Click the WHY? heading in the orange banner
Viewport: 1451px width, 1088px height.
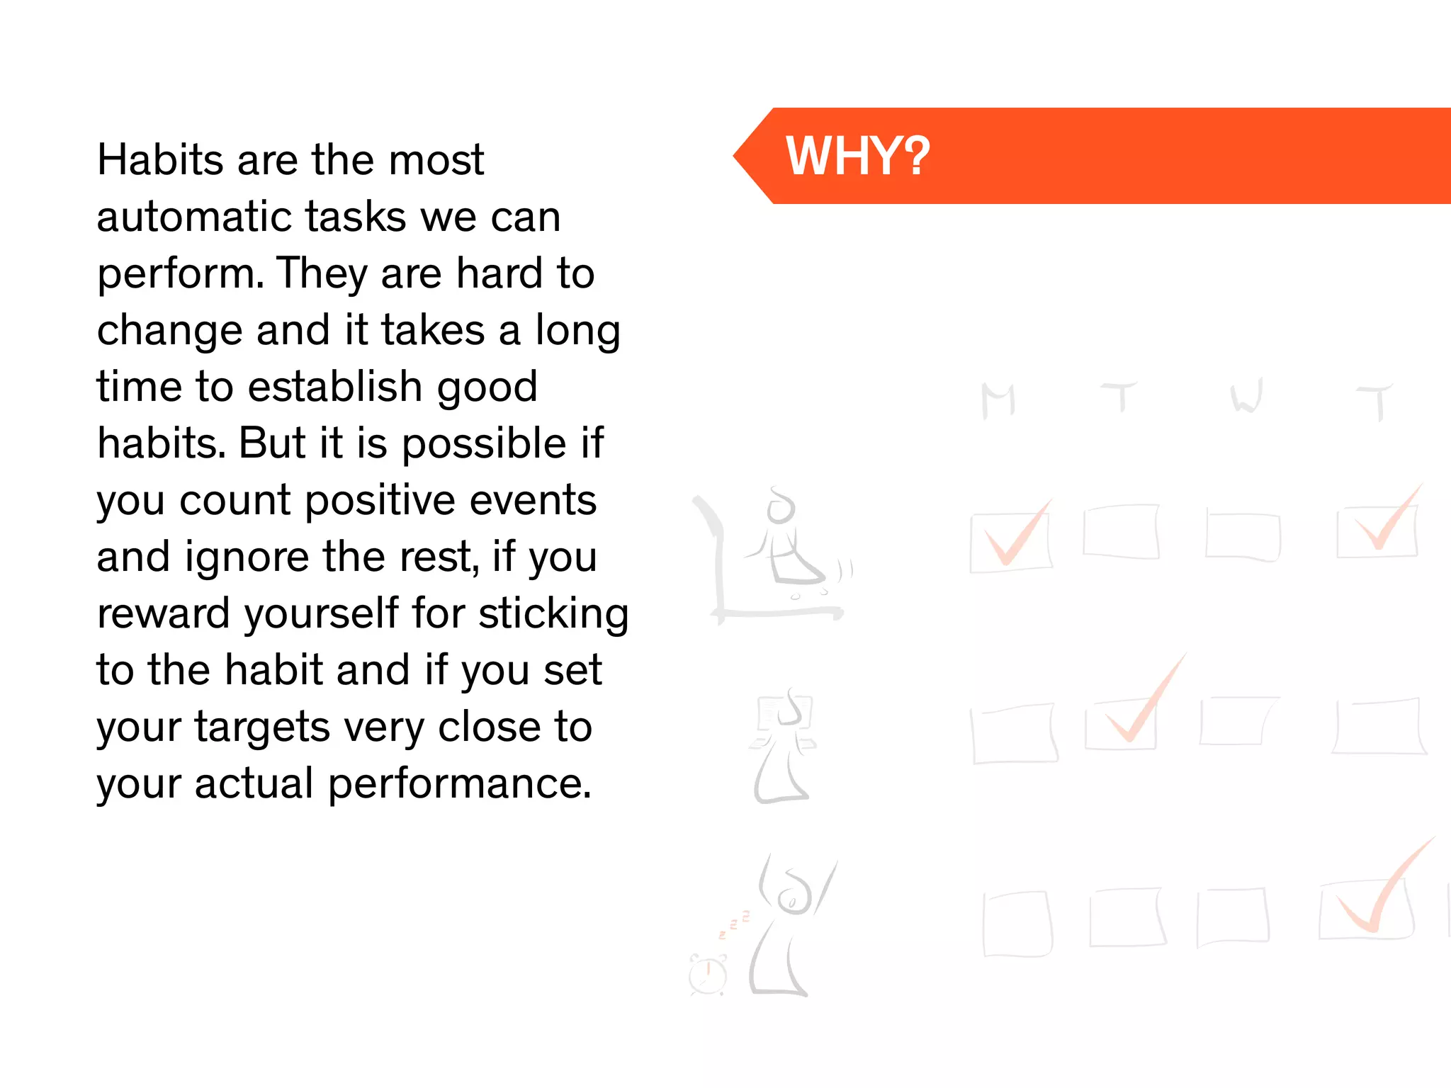pos(857,156)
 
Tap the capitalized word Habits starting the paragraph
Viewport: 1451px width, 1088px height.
pos(161,159)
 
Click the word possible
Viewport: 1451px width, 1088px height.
pos(484,445)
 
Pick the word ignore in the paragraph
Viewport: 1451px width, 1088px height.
pos(247,557)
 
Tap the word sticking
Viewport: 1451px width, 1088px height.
pos(553,613)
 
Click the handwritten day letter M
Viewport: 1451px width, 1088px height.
pos(998,401)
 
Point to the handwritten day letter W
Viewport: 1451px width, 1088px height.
pos(1246,397)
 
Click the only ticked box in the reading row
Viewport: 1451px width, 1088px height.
pos(1122,722)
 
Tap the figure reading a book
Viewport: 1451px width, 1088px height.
pos(784,744)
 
